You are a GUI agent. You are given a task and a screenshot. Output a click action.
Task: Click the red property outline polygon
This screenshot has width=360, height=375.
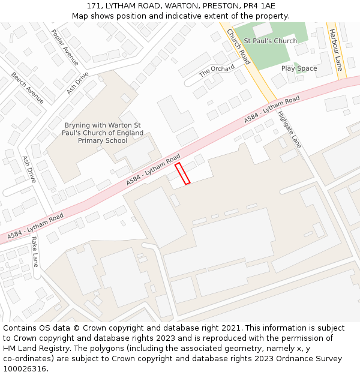pos(182,173)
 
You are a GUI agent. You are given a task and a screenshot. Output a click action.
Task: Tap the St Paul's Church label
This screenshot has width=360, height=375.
pos(270,41)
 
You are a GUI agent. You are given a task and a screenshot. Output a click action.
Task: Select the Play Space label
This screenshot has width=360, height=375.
pos(299,68)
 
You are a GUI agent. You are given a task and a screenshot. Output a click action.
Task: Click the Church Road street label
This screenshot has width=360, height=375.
pos(238,47)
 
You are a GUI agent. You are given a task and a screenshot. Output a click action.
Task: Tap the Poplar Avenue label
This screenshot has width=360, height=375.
pos(65,47)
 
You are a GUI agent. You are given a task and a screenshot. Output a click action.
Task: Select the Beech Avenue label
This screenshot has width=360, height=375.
pos(28,88)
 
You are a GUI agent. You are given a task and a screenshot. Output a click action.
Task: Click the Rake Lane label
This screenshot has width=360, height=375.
pos(35,251)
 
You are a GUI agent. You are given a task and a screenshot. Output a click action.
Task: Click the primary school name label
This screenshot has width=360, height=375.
pos(103,133)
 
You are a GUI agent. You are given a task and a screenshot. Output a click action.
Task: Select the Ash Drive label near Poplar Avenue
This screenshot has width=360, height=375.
pos(77,83)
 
